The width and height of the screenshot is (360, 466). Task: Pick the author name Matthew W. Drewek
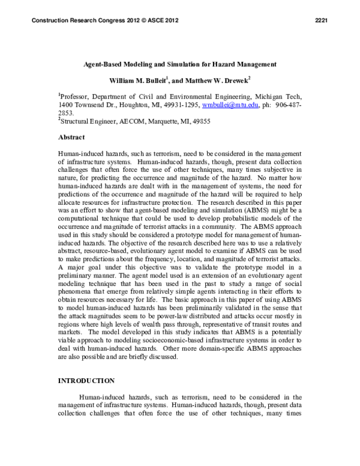[x=203, y=79]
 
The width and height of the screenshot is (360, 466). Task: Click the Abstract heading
[x=71, y=137]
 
